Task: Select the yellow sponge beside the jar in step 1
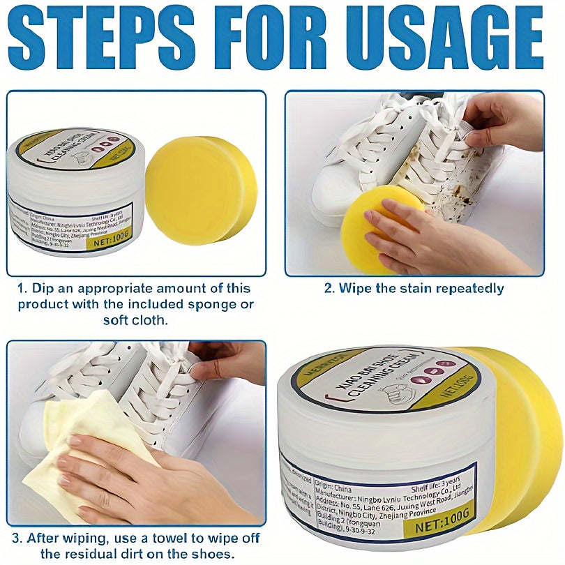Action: coord(200,190)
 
